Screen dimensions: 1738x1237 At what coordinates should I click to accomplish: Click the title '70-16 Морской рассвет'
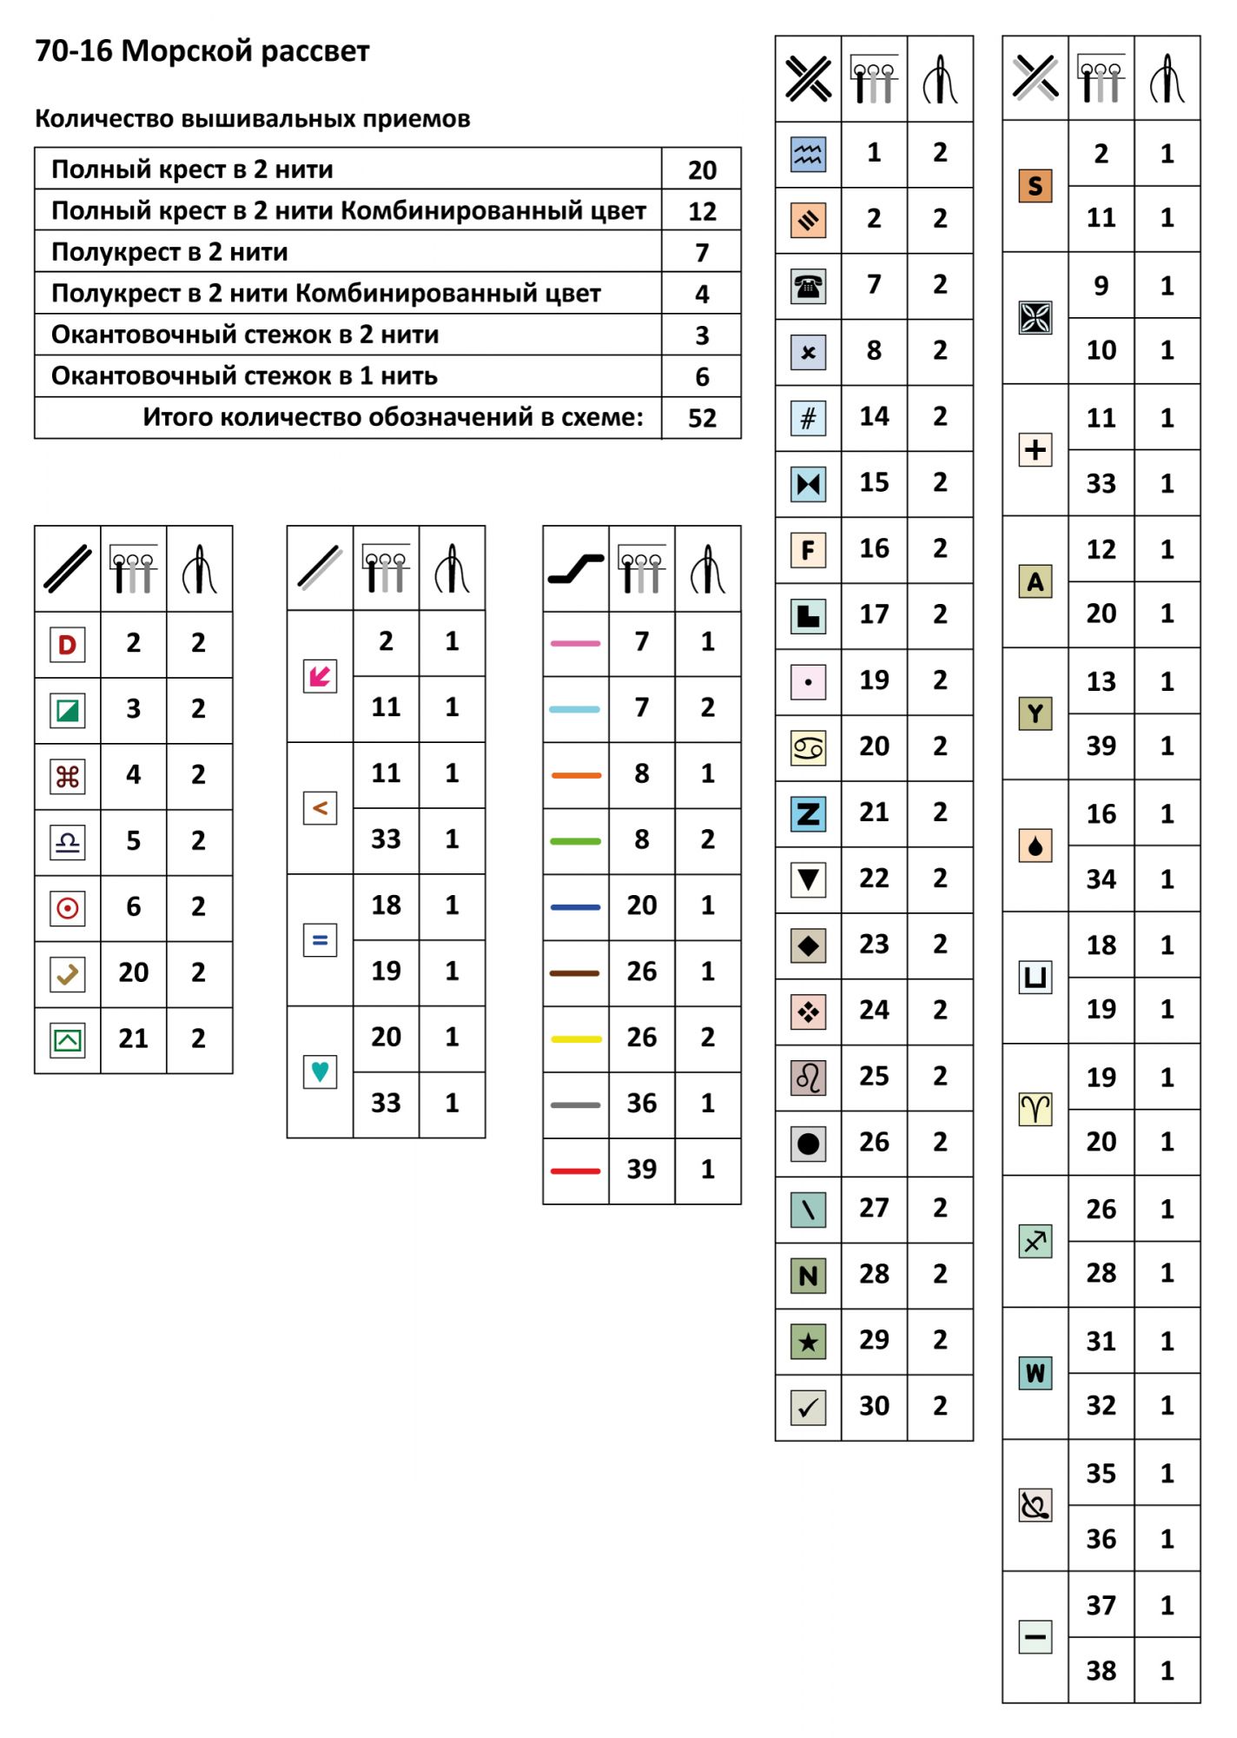click(x=202, y=51)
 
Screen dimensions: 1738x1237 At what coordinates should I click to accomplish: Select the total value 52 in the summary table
click(x=701, y=418)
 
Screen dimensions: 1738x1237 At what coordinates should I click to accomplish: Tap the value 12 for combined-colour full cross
click(x=701, y=211)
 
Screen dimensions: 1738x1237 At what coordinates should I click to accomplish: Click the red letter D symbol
click(x=67, y=645)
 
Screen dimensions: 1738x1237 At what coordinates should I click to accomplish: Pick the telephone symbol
click(x=808, y=286)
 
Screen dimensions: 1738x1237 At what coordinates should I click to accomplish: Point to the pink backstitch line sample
click(x=575, y=644)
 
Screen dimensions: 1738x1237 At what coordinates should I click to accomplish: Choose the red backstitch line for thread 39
click(x=575, y=1171)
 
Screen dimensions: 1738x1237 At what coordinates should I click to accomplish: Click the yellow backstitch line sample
click(x=575, y=1039)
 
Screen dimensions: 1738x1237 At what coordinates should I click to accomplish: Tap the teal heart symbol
click(x=320, y=1071)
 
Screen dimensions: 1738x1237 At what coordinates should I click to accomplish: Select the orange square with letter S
click(x=1035, y=186)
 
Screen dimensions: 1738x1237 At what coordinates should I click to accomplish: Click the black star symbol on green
click(x=808, y=1342)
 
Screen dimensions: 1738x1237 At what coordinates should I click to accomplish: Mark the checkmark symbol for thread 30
click(x=808, y=1408)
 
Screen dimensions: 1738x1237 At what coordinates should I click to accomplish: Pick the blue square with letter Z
click(x=808, y=814)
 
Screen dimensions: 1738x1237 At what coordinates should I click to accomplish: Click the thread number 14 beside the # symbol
click(x=874, y=417)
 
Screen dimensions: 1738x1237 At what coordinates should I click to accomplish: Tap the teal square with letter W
click(x=1035, y=1373)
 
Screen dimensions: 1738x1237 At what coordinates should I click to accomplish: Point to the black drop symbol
click(x=1035, y=846)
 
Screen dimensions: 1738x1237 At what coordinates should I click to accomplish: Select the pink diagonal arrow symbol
click(x=320, y=676)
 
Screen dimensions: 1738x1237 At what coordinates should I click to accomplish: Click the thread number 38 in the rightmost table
click(x=1101, y=1670)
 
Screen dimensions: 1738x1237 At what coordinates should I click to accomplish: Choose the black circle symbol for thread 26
click(x=808, y=1144)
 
